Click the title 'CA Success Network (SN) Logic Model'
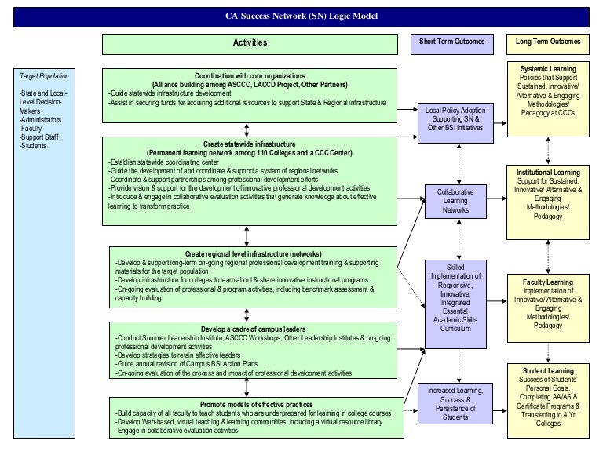(x=301, y=16)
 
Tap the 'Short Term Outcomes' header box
(x=452, y=42)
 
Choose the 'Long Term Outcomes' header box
(x=548, y=42)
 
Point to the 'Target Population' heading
(x=45, y=76)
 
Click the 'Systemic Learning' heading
(x=548, y=69)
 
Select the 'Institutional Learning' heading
(x=548, y=172)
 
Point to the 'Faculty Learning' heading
(x=548, y=282)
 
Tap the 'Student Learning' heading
(x=548, y=371)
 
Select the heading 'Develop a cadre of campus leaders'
(x=253, y=328)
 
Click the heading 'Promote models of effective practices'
(x=257, y=404)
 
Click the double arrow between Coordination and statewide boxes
(x=248, y=129)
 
